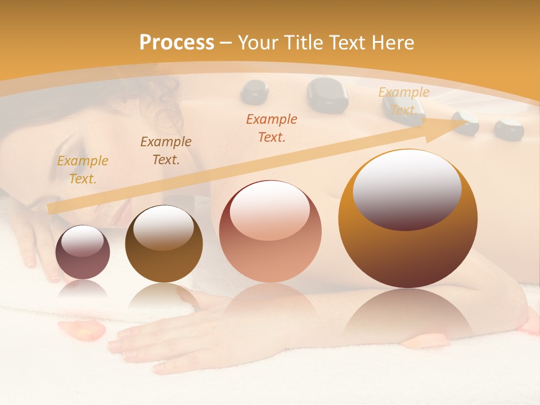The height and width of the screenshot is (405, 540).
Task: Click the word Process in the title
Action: click(177, 42)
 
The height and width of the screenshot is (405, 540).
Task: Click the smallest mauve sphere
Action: click(83, 252)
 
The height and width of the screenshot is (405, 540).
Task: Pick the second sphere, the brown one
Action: click(164, 244)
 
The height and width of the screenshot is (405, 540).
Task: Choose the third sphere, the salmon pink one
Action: click(270, 231)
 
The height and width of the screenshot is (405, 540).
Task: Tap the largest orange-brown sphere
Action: click(408, 219)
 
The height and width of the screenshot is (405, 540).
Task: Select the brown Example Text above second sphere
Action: click(166, 151)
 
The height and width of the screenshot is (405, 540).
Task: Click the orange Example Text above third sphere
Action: click(272, 128)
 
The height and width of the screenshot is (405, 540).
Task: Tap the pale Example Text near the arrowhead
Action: click(403, 101)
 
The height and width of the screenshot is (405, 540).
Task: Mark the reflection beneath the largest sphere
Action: click(408, 315)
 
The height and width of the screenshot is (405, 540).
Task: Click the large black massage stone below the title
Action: click(327, 94)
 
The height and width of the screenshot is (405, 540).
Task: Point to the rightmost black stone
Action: click(508, 129)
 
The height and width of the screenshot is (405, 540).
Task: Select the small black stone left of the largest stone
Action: click(254, 92)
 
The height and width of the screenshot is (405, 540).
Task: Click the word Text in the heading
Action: click(349, 42)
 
